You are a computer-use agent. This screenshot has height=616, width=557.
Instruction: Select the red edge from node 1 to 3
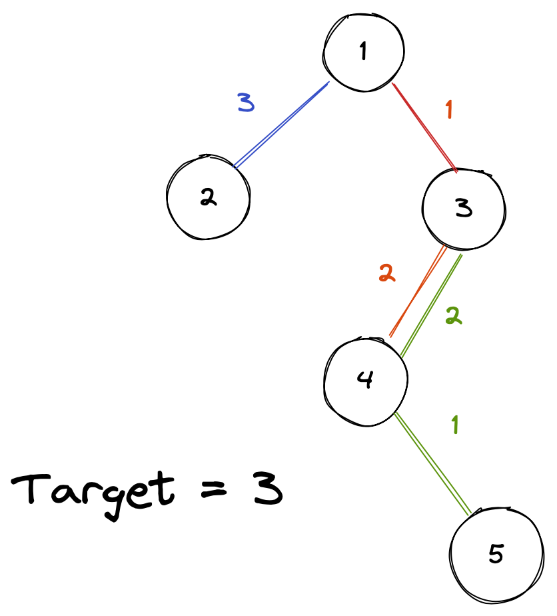coord(424,127)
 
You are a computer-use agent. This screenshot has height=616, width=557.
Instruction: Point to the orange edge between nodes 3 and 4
coord(417,291)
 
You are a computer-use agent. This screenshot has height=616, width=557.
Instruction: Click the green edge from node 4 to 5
coord(433,463)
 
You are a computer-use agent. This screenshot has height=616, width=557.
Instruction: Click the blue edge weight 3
coord(246,102)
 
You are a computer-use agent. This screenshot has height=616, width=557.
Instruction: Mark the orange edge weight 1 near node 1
coord(449,109)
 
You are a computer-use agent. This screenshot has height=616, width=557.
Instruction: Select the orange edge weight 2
coord(386,273)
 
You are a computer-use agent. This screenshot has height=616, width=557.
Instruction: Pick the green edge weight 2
coord(454,317)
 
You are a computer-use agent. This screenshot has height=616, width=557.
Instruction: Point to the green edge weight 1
coord(455,425)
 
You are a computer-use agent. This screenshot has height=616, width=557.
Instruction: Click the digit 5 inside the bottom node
coord(496,554)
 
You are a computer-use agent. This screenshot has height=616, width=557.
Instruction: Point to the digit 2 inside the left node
coord(208,198)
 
